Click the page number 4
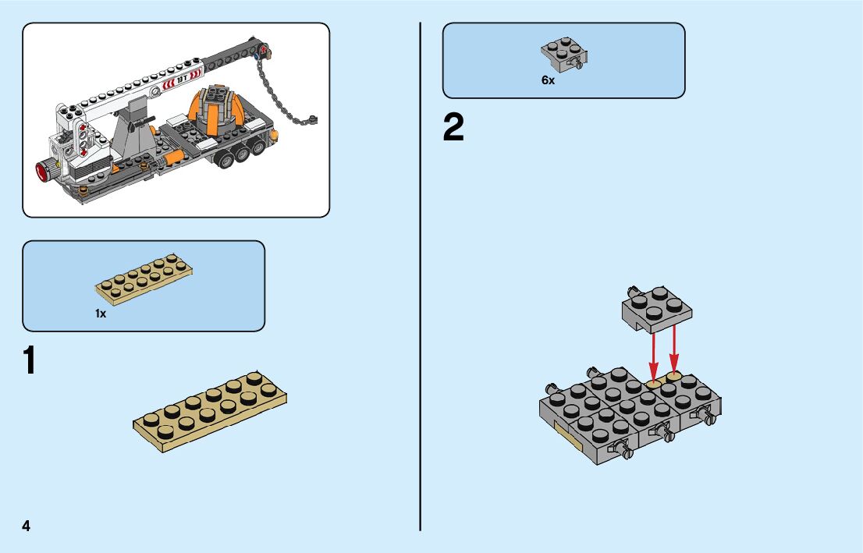point(27,526)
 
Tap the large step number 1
point(30,361)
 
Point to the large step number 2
point(453,129)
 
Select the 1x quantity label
point(101,314)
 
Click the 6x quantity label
point(548,80)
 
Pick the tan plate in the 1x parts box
point(144,278)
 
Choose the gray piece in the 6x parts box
point(564,53)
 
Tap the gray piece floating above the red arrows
point(656,306)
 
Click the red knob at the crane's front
point(41,169)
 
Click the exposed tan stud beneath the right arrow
point(673,374)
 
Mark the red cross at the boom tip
point(264,51)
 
